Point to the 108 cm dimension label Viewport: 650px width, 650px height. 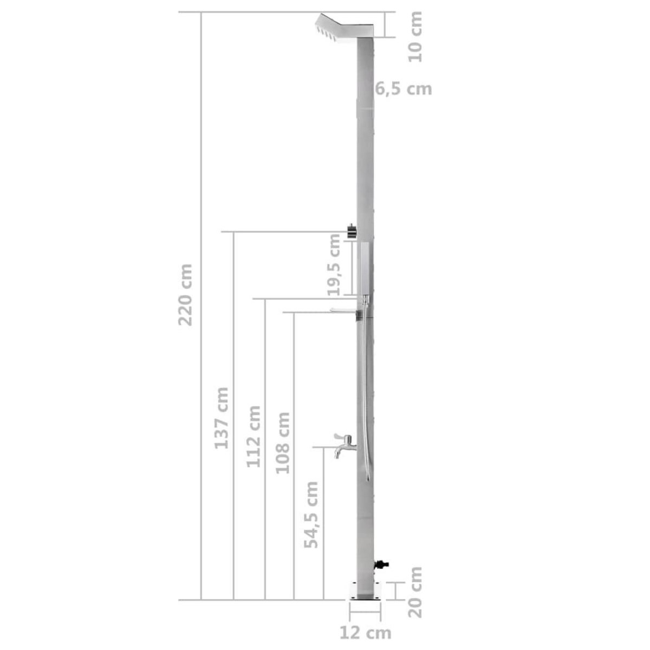pyautogui.click(x=283, y=443)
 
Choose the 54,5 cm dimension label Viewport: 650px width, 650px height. pyautogui.click(x=311, y=515)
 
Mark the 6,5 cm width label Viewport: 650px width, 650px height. pyautogui.click(x=404, y=88)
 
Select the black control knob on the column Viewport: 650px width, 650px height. pyautogui.click(x=352, y=231)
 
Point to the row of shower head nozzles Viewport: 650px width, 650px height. pyautogui.click(x=328, y=33)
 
